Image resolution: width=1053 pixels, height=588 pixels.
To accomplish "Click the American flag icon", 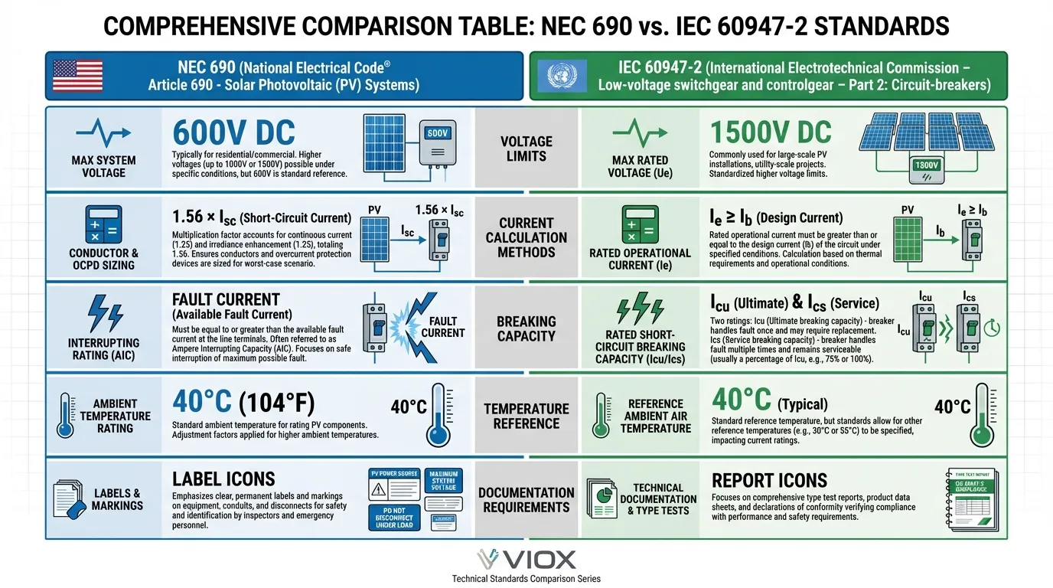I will (78, 76).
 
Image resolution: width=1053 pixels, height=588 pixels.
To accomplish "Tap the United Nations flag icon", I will (562, 76).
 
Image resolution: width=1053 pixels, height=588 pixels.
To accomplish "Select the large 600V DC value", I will (233, 133).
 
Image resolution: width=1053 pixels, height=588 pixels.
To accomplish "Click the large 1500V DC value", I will (771, 132).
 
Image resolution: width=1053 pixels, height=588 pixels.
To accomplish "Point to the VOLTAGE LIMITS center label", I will (526, 149).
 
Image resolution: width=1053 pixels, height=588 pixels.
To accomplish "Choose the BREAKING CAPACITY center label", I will (526, 328).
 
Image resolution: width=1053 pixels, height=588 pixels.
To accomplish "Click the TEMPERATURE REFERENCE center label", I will (526, 416).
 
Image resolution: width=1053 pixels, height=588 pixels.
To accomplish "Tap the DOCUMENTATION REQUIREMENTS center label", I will (526, 499).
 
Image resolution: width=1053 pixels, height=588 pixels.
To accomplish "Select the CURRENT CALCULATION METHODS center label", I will (526, 237).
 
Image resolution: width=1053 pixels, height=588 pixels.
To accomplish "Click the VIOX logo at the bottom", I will (526, 559).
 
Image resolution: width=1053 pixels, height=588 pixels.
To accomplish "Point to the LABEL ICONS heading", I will (223, 480).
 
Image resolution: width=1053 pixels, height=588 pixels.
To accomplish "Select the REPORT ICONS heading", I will (769, 481).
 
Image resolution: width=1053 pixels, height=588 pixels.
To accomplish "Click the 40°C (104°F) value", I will (243, 401).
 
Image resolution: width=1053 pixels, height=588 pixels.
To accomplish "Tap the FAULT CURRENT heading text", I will (226, 299).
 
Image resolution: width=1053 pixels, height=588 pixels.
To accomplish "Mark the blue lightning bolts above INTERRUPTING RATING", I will (103, 314).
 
